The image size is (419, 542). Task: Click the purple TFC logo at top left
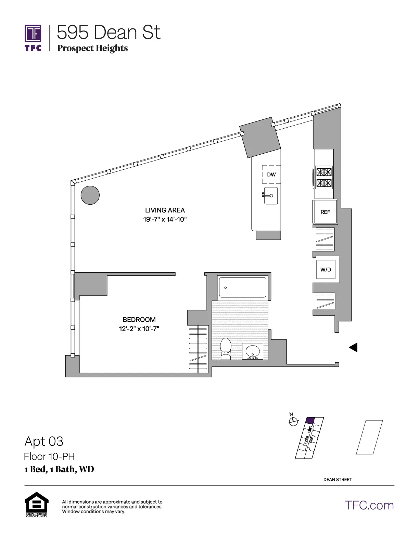[x=33, y=38]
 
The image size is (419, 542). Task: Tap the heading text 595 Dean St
[x=109, y=33]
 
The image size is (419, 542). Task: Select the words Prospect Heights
[x=92, y=48]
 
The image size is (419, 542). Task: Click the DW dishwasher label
[x=271, y=175]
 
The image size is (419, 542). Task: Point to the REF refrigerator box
[x=325, y=212]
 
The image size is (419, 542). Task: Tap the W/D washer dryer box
[x=326, y=269]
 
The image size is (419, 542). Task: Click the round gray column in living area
[x=90, y=195]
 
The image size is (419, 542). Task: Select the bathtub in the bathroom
[x=242, y=287]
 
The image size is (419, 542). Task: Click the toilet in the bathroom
[x=226, y=348]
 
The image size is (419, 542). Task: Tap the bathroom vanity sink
[x=253, y=352]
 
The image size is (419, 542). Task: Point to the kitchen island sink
[x=270, y=196]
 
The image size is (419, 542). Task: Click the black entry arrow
[x=353, y=347]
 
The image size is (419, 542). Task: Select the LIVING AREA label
[x=165, y=210]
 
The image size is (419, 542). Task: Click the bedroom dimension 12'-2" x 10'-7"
[x=139, y=329]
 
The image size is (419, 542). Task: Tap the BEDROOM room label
[x=139, y=320]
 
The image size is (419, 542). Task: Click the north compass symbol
[x=293, y=421]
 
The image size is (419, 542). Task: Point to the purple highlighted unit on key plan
[x=310, y=421]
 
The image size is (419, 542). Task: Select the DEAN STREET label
[x=337, y=479]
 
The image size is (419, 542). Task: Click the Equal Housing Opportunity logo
[x=36, y=504]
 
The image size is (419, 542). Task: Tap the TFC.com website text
[x=369, y=505]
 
